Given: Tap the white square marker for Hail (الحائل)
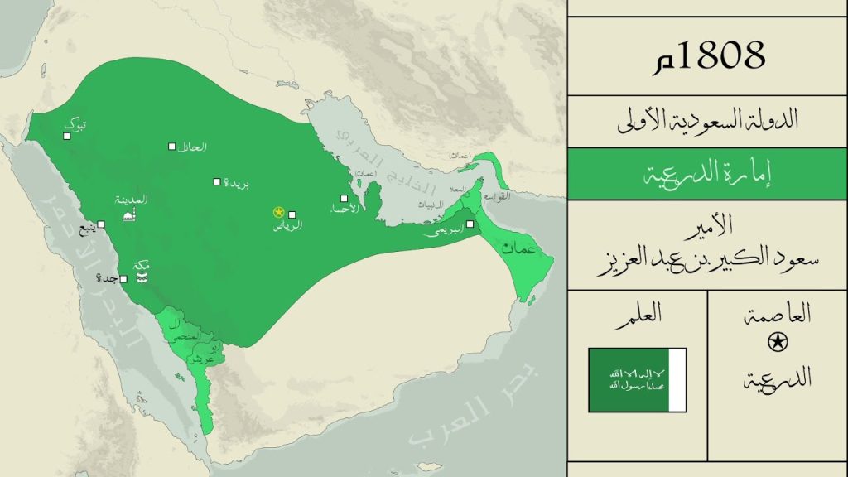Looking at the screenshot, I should (172, 146).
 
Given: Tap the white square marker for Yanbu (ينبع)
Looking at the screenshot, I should (101, 224).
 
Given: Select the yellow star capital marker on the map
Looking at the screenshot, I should (278, 213).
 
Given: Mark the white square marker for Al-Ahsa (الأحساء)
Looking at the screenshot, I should (344, 199).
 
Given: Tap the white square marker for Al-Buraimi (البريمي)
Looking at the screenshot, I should (470, 224).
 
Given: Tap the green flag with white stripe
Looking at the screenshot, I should (637, 380).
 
